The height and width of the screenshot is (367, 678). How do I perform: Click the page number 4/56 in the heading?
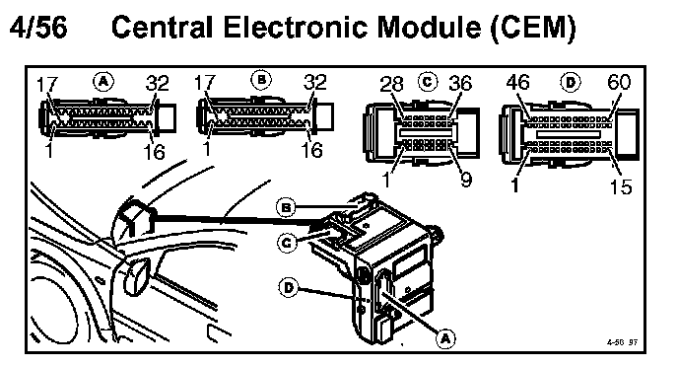(38, 27)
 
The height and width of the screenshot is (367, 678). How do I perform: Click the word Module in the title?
(429, 27)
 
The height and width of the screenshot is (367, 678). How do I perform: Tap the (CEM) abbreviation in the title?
(533, 28)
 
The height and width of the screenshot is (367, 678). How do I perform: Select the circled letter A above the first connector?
(102, 81)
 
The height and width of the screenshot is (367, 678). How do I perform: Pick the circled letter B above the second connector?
(261, 80)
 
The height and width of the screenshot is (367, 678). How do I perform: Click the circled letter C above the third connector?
(428, 81)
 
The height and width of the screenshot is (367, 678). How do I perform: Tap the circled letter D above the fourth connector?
(571, 81)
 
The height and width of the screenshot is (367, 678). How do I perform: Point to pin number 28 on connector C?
(391, 84)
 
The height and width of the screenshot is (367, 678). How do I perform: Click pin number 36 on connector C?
(459, 83)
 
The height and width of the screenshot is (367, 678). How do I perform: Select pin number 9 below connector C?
(465, 179)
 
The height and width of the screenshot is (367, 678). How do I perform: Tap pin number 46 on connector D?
(517, 82)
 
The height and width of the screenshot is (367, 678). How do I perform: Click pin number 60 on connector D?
(619, 82)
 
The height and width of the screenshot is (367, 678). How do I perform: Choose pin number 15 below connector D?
(621, 186)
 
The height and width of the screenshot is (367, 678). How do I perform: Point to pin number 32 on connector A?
(157, 83)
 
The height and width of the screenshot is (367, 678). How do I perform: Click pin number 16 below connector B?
(311, 150)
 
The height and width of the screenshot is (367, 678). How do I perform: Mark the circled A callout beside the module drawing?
(445, 338)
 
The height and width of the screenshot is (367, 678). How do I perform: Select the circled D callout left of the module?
(289, 287)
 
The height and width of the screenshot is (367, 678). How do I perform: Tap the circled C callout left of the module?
(287, 243)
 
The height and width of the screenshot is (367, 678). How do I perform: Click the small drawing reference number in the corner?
(622, 342)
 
